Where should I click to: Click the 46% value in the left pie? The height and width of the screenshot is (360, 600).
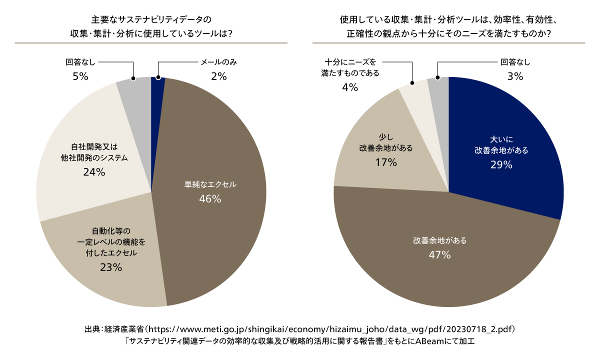[209, 198]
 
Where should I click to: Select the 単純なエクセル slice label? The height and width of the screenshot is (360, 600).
[209, 184]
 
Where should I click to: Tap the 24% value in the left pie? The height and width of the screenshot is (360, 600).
[94, 172]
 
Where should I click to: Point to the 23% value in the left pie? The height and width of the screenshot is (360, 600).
[110, 267]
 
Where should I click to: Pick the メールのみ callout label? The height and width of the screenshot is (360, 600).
[218, 62]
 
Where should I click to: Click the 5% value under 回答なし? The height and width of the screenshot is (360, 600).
[80, 76]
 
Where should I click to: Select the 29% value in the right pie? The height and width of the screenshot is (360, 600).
[501, 164]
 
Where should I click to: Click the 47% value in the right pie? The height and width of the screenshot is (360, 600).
[439, 255]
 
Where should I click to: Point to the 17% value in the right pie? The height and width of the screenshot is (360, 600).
[385, 162]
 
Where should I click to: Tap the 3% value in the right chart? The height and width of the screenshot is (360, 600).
[515, 76]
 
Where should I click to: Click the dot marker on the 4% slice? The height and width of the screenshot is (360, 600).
[412, 83]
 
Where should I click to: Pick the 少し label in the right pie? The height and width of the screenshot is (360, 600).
[385, 136]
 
